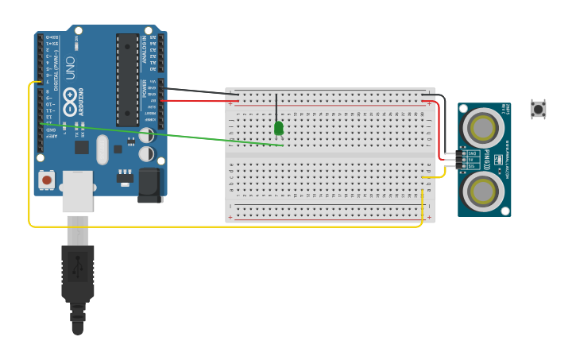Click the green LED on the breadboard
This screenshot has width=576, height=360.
(x=278, y=127)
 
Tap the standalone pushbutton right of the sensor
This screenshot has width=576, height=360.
(x=538, y=109)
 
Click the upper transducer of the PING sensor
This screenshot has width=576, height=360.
(x=483, y=127)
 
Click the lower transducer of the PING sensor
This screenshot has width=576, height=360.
(x=483, y=191)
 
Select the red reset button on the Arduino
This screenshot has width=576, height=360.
(x=47, y=180)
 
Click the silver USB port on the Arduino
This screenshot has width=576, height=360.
(x=77, y=192)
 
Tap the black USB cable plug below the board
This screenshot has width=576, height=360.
(x=78, y=274)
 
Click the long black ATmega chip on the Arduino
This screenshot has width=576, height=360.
(x=127, y=79)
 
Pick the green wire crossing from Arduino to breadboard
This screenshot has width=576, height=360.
(x=159, y=134)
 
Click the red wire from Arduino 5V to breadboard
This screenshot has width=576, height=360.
(x=199, y=101)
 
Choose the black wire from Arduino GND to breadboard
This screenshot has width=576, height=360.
(x=199, y=91)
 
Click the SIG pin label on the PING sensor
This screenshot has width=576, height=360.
(x=471, y=166)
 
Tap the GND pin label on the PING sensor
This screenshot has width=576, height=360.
(x=471, y=153)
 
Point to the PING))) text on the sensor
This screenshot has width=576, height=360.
(x=486, y=159)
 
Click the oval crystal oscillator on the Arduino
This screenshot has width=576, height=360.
(x=102, y=149)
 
